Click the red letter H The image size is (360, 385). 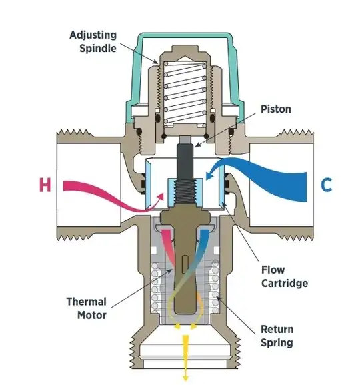[x=45, y=184]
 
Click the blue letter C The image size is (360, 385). [x=326, y=184]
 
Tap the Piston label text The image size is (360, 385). [x=275, y=109]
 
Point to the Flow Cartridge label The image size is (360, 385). [x=284, y=276]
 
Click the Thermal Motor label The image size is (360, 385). [x=86, y=308]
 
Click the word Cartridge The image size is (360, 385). [x=284, y=283]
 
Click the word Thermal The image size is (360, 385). [x=86, y=301]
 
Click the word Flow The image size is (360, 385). [x=273, y=270]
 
